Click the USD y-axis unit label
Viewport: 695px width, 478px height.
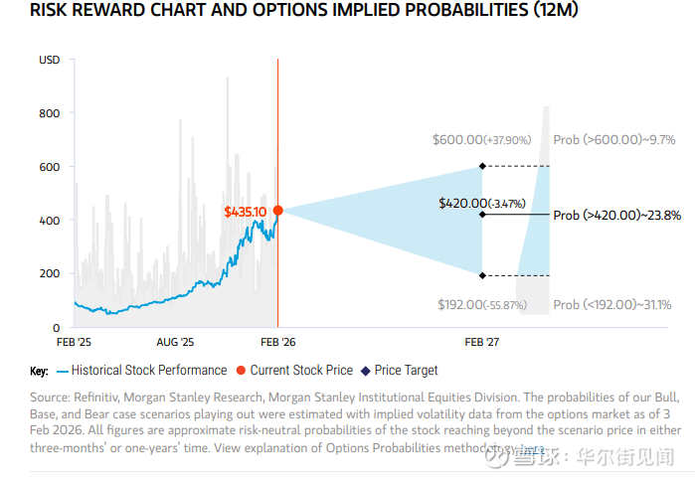49,61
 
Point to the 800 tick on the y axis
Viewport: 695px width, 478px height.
49,113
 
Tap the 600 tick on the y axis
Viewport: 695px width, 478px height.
49,167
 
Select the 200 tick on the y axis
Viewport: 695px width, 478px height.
49,273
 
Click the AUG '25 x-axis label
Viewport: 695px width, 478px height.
175,342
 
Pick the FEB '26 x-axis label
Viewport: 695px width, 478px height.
277,342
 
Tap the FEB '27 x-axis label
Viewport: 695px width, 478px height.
482,342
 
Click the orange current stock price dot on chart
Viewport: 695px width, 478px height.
277,211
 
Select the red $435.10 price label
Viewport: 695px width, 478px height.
245,212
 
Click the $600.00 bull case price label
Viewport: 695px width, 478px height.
482,140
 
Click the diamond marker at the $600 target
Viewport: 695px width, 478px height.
482,166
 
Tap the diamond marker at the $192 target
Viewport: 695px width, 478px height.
482,275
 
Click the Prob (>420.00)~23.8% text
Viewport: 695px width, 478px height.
616,214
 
